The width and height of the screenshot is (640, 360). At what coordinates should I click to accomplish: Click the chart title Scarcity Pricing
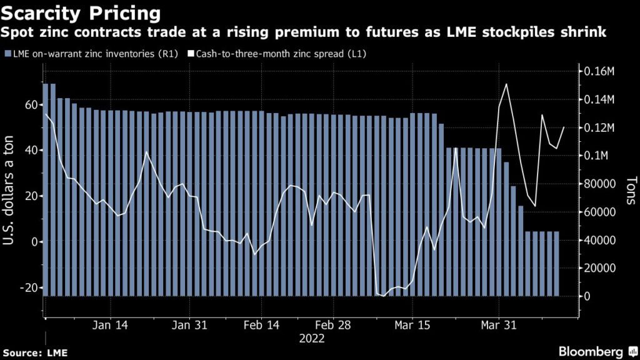pos(81,12)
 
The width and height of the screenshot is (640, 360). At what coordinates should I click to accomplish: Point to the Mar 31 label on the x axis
pos(498,326)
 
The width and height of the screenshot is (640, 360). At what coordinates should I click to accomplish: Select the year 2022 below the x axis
pos(311,339)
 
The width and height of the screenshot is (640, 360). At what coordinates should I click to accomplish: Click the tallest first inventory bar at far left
pos(46,187)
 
